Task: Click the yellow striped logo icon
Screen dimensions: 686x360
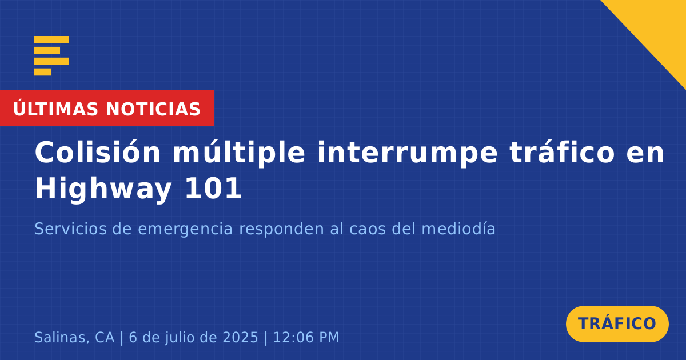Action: (x=51, y=56)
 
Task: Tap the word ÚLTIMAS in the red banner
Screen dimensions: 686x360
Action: (x=55, y=108)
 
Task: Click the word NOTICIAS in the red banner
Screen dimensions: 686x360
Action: (x=153, y=109)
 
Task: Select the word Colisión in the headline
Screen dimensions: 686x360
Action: (x=98, y=152)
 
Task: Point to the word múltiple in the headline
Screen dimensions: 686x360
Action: (x=239, y=153)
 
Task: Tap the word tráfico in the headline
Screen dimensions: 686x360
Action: (x=563, y=152)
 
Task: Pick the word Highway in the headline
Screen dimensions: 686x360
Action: (x=103, y=189)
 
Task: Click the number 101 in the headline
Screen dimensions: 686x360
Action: (x=213, y=188)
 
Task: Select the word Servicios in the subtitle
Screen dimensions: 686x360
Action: (x=71, y=229)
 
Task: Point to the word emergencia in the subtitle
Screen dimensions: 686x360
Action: (x=186, y=230)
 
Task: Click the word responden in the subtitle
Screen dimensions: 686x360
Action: (x=281, y=230)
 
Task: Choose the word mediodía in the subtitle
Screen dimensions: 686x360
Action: (x=458, y=229)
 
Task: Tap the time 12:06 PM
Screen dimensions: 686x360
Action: (x=306, y=337)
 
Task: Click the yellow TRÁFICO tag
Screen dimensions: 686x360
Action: (x=617, y=324)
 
